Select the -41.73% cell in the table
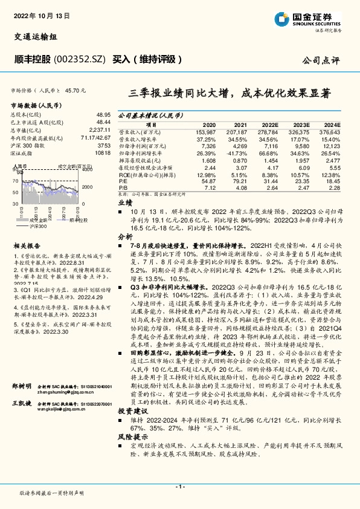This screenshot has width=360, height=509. [237, 154]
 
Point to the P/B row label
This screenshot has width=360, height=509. [123, 189]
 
